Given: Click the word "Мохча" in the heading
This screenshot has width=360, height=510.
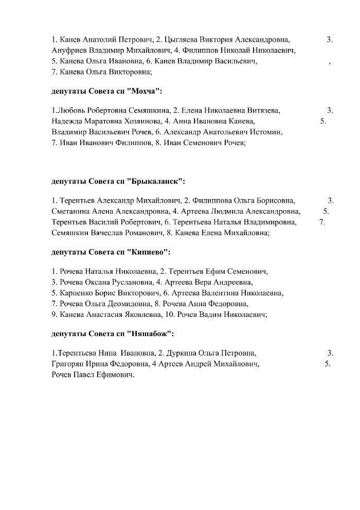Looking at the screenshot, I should (146, 91).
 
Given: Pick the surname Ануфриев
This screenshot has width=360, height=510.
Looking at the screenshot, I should (70, 50).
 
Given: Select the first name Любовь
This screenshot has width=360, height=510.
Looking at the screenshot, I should (73, 111).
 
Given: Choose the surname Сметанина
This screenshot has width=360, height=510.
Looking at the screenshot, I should (70, 211).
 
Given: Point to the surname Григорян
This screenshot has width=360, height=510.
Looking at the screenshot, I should (69, 364).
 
